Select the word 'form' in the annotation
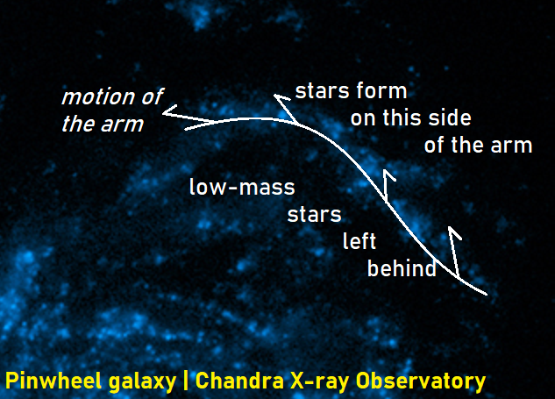point(381,90)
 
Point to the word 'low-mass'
point(242,187)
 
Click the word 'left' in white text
point(359,241)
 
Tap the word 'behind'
point(402,268)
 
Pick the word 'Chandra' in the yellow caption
point(239,381)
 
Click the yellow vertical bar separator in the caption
point(186,381)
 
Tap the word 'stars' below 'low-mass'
point(314,215)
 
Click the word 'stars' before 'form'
point(323,91)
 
